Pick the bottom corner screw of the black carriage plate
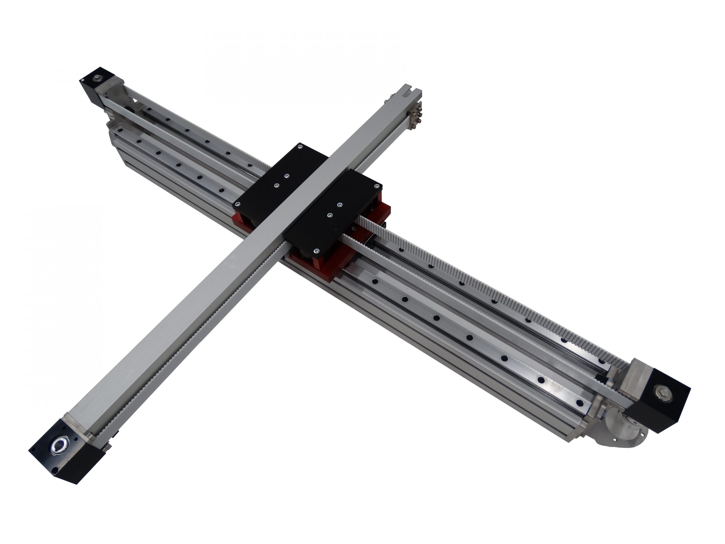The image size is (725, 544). coord(316,252)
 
